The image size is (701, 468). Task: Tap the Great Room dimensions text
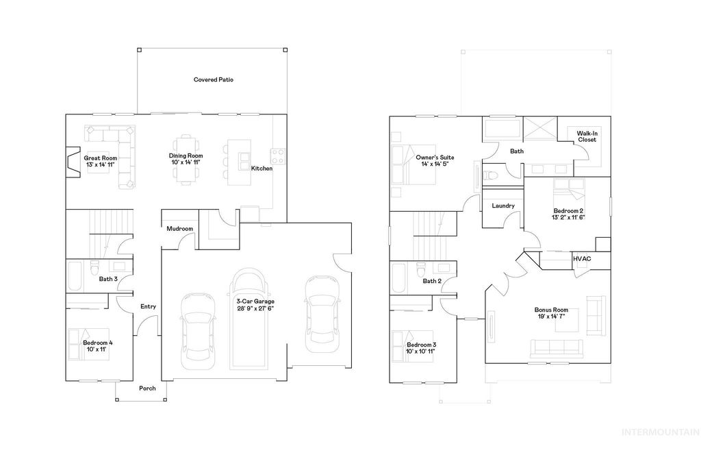[x=101, y=165]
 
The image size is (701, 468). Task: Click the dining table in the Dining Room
[x=186, y=159]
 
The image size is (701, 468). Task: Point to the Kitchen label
[x=262, y=169]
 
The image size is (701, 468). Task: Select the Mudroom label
[x=179, y=229]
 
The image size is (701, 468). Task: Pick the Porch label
[x=147, y=389]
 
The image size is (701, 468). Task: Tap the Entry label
[x=148, y=306]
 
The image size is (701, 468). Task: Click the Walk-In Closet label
[x=587, y=136]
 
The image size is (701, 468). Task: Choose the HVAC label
[x=582, y=258]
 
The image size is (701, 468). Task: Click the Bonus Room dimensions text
[x=551, y=317]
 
